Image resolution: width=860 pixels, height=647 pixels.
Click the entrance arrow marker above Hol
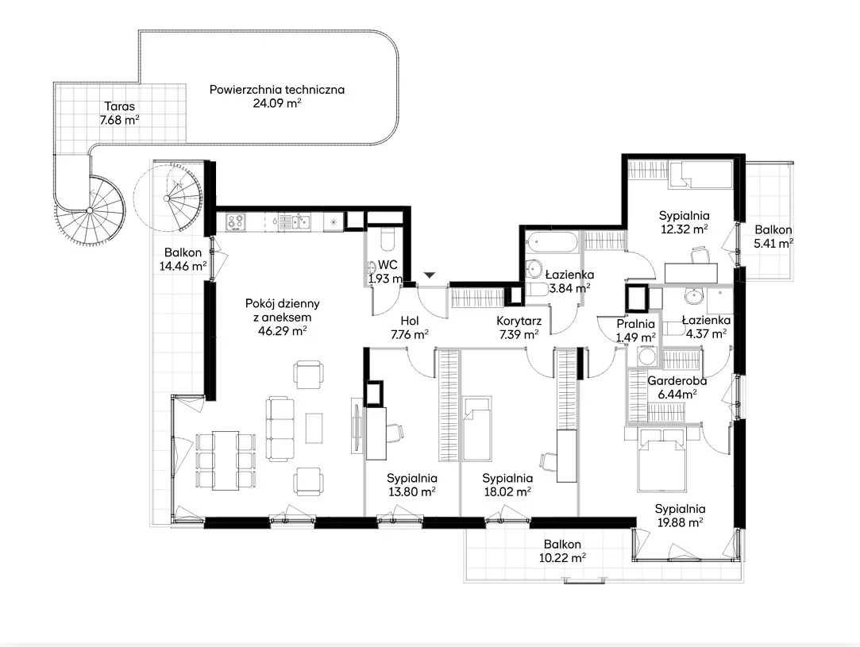point(430,275)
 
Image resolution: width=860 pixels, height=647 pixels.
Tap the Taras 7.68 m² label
point(120,113)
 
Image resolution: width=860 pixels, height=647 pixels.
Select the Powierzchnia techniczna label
point(277,90)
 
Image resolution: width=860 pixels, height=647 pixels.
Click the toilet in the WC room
point(387,238)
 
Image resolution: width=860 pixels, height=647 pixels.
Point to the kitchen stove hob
point(237,221)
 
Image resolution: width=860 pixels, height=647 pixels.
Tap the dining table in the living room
point(226,460)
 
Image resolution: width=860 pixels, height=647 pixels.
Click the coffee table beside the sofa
point(314,428)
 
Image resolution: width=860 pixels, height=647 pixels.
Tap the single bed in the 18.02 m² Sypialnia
point(476,429)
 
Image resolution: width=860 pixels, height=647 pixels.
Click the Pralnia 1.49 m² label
point(636,330)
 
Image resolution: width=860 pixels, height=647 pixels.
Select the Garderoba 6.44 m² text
point(677,387)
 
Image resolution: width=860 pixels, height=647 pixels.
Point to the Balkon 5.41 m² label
point(773,237)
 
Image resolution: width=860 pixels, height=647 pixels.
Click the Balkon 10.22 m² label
point(562,551)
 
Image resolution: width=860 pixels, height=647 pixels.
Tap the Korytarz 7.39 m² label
point(519,328)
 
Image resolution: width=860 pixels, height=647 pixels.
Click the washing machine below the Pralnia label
point(647,357)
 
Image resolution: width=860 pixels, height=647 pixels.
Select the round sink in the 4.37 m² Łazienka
point(693,297)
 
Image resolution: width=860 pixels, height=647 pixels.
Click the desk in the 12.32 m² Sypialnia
point(691,272)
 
